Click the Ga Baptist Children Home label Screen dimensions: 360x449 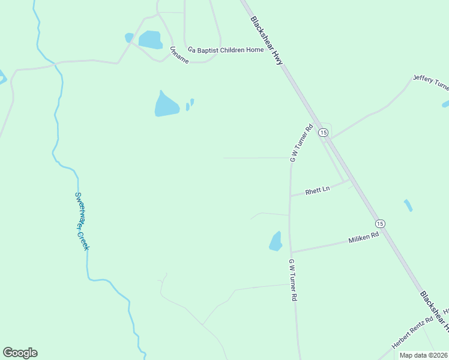click(x=225, y=50)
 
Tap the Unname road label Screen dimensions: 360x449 click(x=179, y=55)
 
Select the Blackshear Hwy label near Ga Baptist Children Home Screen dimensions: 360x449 click(x=267, y=40)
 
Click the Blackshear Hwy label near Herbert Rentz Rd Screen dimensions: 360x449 click(x=433, y=311)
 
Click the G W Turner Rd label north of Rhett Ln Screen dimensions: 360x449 click(x=301, y=143)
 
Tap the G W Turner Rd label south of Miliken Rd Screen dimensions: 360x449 click(x=293, y=280)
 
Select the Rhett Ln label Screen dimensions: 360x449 click(x=318, y=190)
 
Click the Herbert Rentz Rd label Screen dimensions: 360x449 click(x=412, y=334)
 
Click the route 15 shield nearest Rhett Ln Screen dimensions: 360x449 click(x=324, y=132)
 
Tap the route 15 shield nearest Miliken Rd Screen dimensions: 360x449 click(x=380, y=223)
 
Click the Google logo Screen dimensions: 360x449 click(x=20, y=353)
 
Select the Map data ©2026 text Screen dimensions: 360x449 click(x=423, y=355)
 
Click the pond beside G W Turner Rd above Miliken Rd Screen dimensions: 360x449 click(x=276, y=241)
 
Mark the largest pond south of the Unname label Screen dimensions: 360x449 click(x=166, y=106)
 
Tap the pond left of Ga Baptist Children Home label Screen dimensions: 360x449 click(x=150, y=40)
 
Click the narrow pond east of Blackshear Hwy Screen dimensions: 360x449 click(x=408, y=205)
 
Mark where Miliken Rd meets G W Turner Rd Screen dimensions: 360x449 click(x=291, y=253)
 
